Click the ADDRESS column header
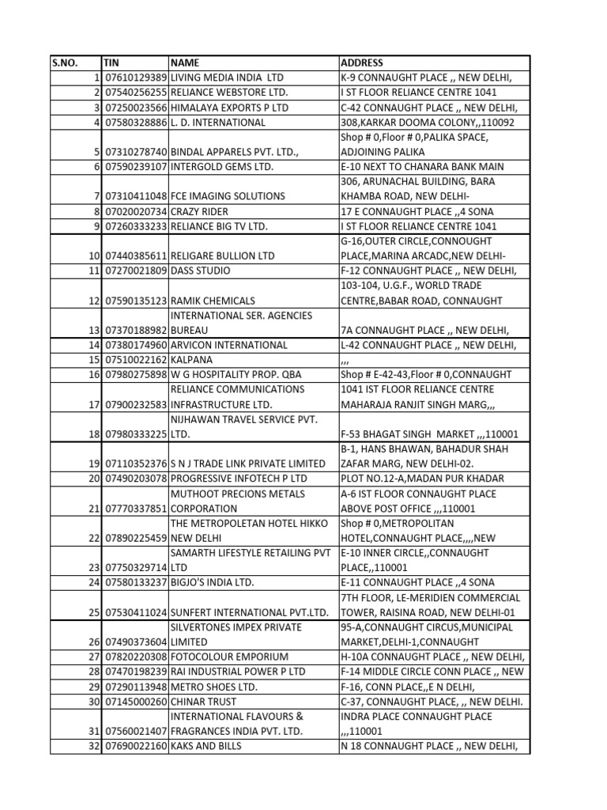click(362, 62)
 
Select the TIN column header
click(111, 62)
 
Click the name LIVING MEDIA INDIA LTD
click(227, 78)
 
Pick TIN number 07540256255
click(135, 93)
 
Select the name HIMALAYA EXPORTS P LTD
click(229, 108)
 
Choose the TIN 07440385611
click(135, 255)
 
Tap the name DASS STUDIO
click(201, 271)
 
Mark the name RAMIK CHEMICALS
click(213, 301)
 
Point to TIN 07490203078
click(135, 479)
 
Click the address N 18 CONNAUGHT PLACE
click(428, 746)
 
